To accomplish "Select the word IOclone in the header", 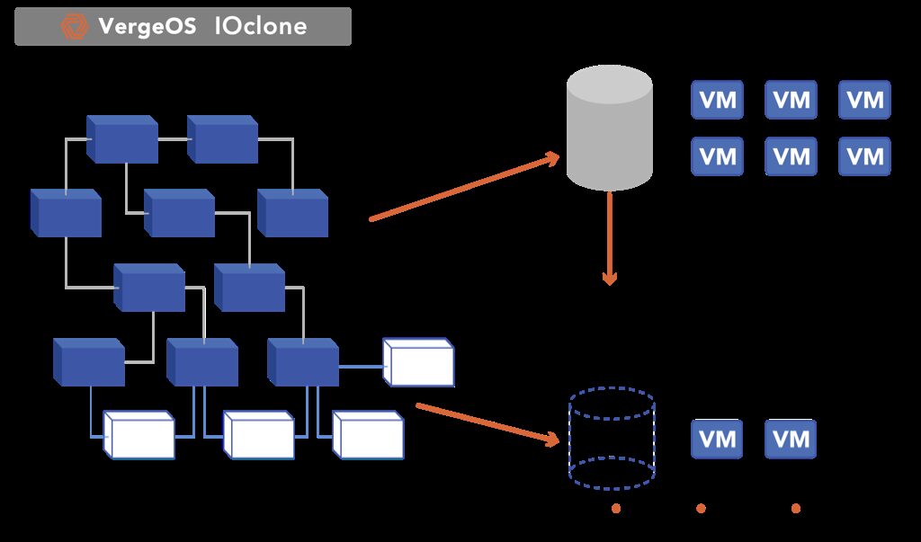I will pos(261,27).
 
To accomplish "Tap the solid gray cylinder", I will pos(609,127).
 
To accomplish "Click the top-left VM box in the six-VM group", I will pos(717,100).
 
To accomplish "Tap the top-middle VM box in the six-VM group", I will pos(791,100).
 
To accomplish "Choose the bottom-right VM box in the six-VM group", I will pos(865,156).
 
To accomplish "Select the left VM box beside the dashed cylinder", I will pos(717,440).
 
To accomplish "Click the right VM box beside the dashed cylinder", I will pos(791,440).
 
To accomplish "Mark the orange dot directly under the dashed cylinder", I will pos(616,509).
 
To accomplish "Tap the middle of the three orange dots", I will pos(701,509).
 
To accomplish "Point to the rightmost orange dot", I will pos(795,509).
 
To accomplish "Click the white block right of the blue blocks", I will pos(419,362).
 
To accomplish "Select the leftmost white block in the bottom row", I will pos(139,434).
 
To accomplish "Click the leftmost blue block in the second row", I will pos(66,213).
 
